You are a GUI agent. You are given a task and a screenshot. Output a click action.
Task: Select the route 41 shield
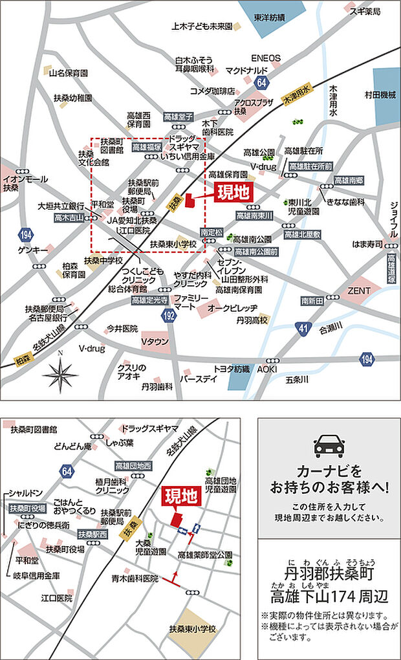[x=303, y=328]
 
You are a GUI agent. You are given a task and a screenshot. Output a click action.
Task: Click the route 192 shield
[x=169, y=315]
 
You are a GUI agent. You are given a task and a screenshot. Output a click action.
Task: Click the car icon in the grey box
[x=329, y=446]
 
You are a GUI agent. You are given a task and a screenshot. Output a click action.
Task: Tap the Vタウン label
[x=155, y=342]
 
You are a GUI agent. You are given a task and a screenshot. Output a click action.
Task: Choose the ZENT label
[x=358, y=291]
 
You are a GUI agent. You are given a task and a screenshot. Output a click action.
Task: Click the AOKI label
[x=267, y=368]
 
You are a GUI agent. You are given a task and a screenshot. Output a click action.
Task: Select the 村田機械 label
[x=380, y=94]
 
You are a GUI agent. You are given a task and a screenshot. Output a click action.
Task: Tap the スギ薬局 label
[x=365, y=12]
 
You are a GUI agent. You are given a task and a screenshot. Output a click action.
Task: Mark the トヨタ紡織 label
[x=231, y=368]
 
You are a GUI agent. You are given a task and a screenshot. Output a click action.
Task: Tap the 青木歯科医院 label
[x=134, y=578]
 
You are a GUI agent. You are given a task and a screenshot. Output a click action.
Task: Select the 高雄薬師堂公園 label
[x=204, y=555]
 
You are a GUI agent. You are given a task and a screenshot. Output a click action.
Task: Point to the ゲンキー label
[x=33, y=249]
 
